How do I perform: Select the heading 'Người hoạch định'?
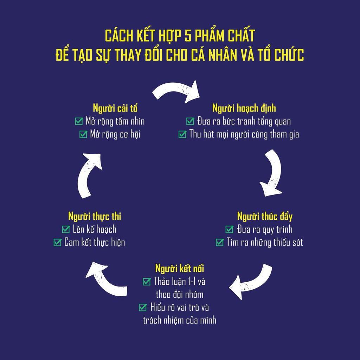pyautogui.click(x=246, y=108)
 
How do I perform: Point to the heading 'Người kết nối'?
pyautogui.click(x=180, y=269)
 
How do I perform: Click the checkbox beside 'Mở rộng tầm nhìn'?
pyautogui.click(x=79, y=122)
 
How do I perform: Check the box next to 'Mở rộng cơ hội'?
pyautogui.click(x=83, y=134)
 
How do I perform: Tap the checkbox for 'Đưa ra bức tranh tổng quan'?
pyautogui.click(x=190, y=122)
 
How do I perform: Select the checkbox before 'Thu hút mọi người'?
pyautogui.click(x=182, y=134)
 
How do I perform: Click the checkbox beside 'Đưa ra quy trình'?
pyautogui.click(x=230, y=230)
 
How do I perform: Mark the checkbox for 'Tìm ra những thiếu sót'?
pyautogui.click(x=220, y=242)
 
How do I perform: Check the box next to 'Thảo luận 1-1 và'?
pyautogui.click(x=147, y=281)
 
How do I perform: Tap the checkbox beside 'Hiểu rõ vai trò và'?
pyautogui.click(x=142, y=307)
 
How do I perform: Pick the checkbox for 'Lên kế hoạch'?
pyautogui.click(x=66, y=230)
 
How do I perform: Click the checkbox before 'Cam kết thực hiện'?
pyautogui.click(x=57, y=242)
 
